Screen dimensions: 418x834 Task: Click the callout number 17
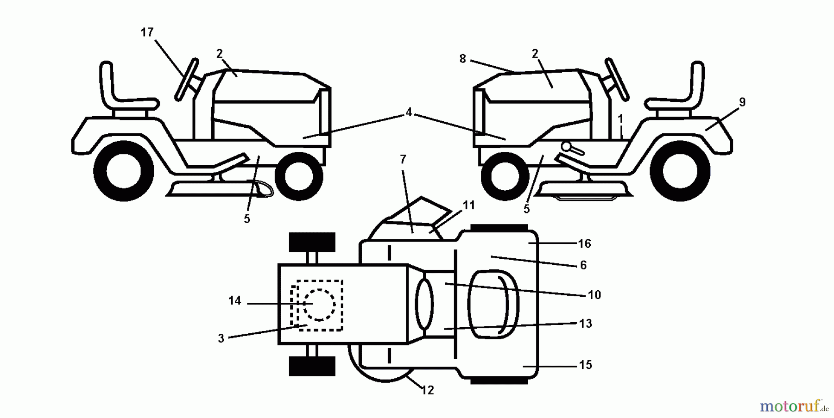coord(147,32)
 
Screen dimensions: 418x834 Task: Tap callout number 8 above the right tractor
coord(462,59)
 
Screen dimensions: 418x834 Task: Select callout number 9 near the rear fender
coord(742,102)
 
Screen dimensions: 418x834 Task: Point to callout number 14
coord(234,301)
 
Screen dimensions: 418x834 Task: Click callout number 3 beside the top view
coord(221,338)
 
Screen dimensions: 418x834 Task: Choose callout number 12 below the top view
coord(427,390)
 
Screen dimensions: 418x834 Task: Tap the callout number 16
coord(584,243)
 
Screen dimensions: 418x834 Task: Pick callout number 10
coord(594,295)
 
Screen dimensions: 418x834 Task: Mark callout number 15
coord(585,365)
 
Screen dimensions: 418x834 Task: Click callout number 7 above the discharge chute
coord(403,160)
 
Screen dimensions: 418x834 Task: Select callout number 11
coord(469,205)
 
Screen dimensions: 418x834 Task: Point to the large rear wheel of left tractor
coord(124,171)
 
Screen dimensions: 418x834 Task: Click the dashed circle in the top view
coord(319,304)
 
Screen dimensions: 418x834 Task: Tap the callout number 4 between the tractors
coord(408,112)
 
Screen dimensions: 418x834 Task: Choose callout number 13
coord(586,324)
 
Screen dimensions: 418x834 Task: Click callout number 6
coord(583,265)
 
